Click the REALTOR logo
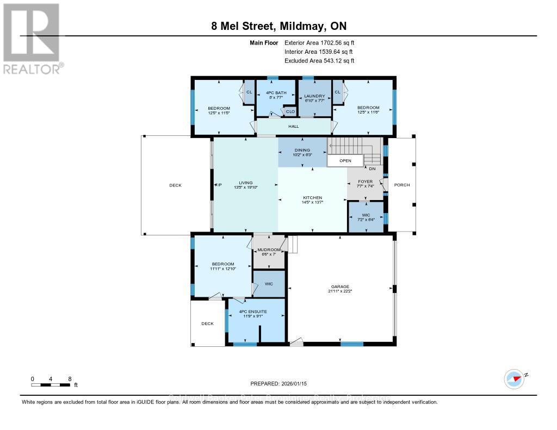32,39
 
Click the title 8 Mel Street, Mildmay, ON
278,26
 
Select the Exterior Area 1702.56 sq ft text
319,42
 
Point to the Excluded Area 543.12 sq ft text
319,61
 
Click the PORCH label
402,185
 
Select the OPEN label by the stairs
345,161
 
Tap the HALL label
294,126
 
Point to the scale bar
51,385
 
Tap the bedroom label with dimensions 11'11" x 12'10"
223,266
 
